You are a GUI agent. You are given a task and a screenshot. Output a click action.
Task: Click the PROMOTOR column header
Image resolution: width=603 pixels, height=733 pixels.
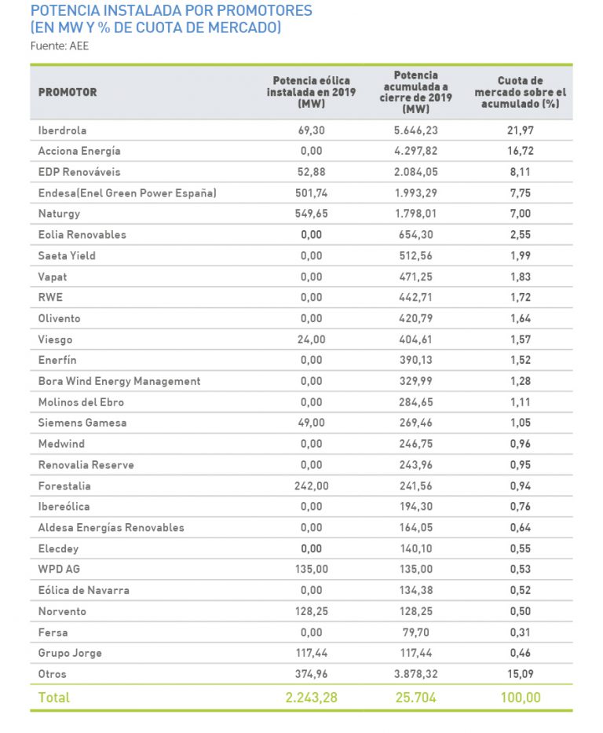point(68,92)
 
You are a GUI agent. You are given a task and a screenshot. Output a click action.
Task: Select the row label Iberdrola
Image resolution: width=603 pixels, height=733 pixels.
point(62,130)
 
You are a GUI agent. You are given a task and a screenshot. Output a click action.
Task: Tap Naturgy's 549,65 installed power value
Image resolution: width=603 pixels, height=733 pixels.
point(311,214)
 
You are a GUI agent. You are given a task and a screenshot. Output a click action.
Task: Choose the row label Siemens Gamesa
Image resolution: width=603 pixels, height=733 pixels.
point(82,423)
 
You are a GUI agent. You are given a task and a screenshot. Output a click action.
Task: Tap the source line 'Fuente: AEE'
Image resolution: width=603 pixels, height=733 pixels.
point(59,46)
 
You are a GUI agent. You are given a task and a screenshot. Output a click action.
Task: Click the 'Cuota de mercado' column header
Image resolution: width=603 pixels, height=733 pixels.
point(521,92)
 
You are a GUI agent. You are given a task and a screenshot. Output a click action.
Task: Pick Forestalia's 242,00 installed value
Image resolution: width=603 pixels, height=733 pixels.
point(311,486)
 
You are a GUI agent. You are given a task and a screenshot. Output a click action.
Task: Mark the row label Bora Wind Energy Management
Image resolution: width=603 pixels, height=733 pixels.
point(119,381)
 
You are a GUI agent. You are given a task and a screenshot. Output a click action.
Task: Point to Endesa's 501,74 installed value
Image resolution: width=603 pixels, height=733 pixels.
point(311,192)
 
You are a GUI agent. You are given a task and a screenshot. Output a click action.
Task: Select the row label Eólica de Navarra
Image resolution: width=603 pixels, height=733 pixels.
point(84,590)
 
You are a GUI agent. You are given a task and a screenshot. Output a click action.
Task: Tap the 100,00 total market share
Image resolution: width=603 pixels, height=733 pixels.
point(520,697)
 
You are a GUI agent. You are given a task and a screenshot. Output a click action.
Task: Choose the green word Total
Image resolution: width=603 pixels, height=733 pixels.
point(54,697)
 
